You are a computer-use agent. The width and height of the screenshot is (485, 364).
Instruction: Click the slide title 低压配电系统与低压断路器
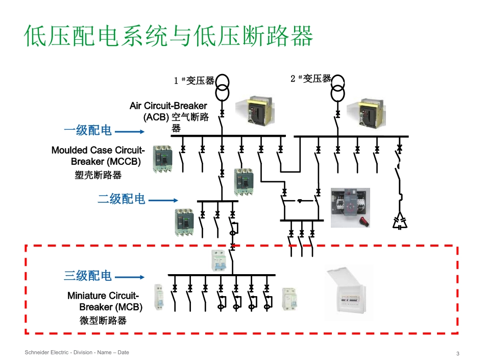[168, 37]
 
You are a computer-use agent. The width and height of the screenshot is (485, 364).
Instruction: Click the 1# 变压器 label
[195, 80]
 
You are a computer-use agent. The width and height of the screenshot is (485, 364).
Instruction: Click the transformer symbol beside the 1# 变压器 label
[222, 88]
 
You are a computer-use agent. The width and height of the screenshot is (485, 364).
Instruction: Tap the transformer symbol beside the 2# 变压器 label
[337, 88]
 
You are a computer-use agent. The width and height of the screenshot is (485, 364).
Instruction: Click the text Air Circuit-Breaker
[168, 106]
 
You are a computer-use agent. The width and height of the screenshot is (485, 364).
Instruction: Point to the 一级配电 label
[88, 131]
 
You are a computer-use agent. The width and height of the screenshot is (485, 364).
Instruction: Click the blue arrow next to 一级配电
[130, 132]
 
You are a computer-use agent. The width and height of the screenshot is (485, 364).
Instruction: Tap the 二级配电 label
[122, 199]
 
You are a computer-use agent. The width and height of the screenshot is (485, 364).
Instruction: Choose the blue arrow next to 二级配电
[163, 200]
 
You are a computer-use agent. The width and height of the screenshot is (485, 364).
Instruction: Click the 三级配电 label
[88, 276]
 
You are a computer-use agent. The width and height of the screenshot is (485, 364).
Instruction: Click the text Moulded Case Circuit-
[98, 150]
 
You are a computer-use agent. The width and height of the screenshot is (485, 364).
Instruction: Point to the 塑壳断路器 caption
[98, 175]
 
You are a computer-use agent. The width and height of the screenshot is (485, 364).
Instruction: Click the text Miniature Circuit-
[103, 296]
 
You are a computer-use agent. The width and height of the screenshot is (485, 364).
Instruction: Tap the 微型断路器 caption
[103, 321]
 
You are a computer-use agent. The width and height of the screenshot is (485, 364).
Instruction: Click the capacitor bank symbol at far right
[400, 220]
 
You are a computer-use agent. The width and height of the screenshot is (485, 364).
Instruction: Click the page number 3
[457, 354]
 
